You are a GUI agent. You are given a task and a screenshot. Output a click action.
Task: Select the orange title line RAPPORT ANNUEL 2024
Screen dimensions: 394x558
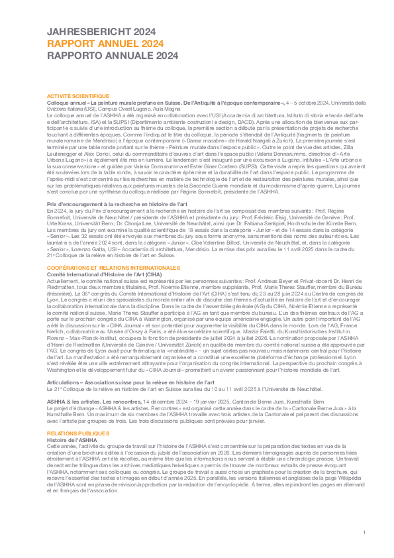click(105, 44)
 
